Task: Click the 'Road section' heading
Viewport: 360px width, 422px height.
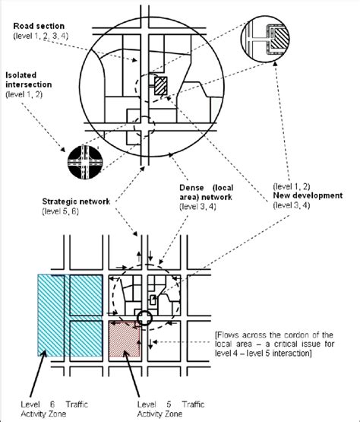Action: point(39,26)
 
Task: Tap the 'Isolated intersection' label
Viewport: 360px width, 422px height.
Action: point(29,80)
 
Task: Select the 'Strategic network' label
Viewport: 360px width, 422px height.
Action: point(76,201)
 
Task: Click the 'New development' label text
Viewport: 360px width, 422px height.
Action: point(308,195)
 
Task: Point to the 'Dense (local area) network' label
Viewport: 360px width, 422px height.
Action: point(207,192)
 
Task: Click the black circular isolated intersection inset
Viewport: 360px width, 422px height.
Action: point(85,162)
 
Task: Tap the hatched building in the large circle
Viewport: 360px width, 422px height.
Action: point(160,86)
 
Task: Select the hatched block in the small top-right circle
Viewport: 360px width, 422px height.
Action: point(279,39)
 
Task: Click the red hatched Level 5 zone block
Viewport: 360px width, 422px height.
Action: point(125,338)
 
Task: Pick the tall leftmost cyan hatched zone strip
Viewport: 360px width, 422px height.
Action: point(51,315)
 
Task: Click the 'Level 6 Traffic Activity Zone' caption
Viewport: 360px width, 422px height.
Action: point(54,409)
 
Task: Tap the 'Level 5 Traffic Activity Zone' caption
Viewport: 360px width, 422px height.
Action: point(171,409)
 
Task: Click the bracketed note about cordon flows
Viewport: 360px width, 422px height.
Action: point(274,344)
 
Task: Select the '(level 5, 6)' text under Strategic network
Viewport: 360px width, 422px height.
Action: point(61,211)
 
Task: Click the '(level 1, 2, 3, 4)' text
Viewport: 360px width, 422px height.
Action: point(40,36)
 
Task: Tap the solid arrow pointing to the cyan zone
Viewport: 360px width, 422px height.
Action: point(38,373)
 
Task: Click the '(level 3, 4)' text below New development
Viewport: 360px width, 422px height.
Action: point(292,205)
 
